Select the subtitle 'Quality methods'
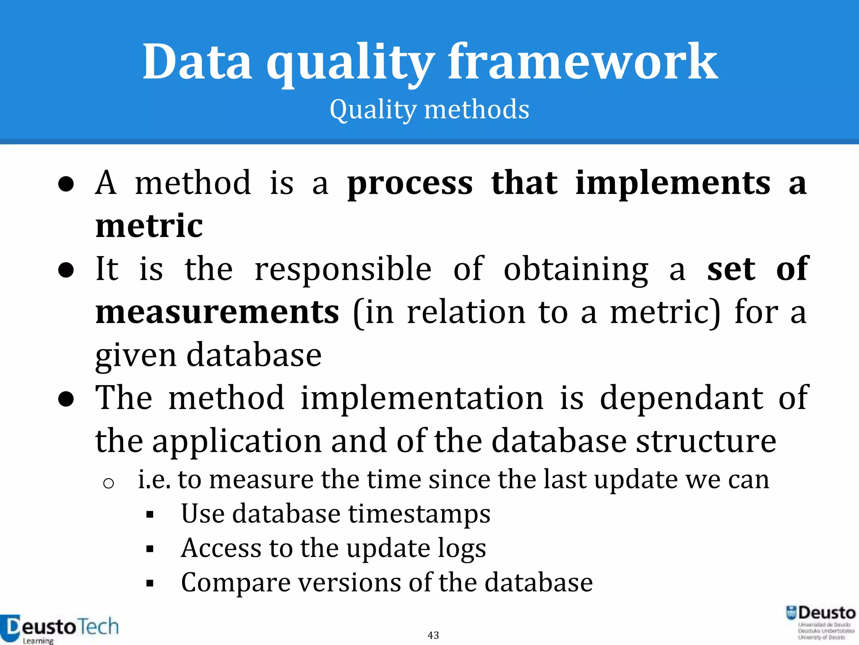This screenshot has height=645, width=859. click(429, 109)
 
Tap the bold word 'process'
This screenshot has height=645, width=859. click(410, 184)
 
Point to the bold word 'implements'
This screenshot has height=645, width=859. click(673, 184)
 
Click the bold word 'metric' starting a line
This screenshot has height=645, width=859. click(149, 226)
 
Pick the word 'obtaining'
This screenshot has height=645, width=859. click(576, 270)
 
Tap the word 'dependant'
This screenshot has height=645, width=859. click(681, 398)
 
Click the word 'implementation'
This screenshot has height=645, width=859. click(422, 398)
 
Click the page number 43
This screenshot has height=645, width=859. click(433, 635)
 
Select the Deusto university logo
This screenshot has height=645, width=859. click(821, 622)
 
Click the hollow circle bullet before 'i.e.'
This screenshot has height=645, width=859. click(109, 484)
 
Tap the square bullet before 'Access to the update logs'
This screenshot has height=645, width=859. click(150, 549)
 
